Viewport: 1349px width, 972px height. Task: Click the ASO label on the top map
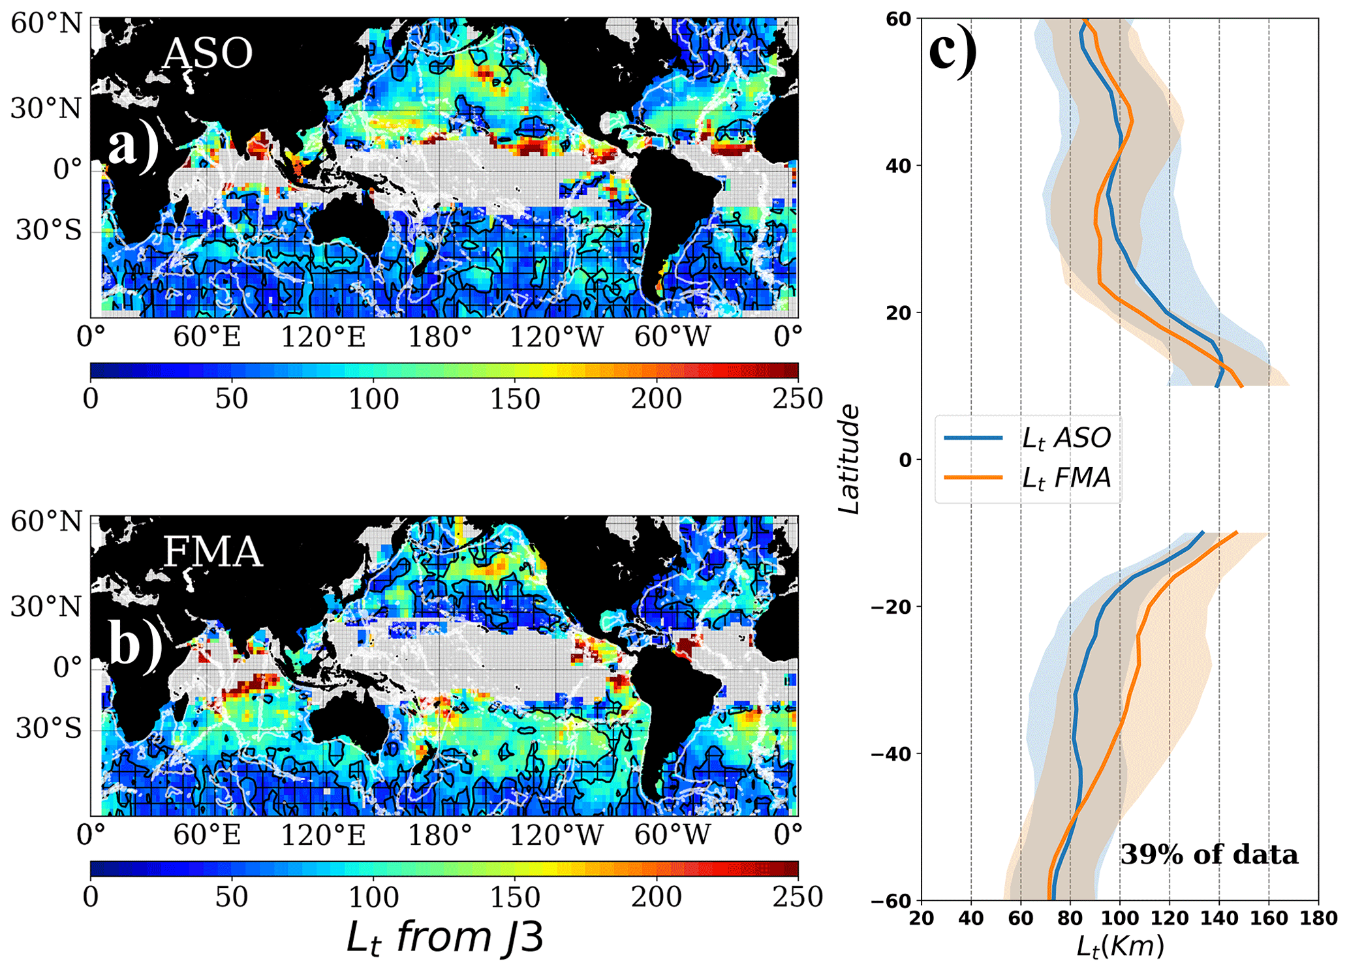tap(207, 53)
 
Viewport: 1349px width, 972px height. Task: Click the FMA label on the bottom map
tap(212, 552)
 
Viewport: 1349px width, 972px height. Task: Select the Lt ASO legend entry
tap(1065, 438)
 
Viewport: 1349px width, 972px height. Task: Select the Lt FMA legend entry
tap(1065, 478)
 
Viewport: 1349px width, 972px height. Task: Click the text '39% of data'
tap(1209, 855)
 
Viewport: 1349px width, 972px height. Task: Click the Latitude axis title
tap(849, 459)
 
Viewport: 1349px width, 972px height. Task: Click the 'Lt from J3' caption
tap(444, 937)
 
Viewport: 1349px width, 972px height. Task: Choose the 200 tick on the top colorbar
tap(656, 399)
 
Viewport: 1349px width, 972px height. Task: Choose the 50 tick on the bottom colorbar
tap(232, 897)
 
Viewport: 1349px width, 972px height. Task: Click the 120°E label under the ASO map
tap(323, 337)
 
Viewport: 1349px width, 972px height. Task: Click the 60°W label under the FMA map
tap(672, 835)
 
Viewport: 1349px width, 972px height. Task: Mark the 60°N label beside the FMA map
tap(47, 522)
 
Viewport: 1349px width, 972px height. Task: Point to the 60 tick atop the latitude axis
tap(898, 19)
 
